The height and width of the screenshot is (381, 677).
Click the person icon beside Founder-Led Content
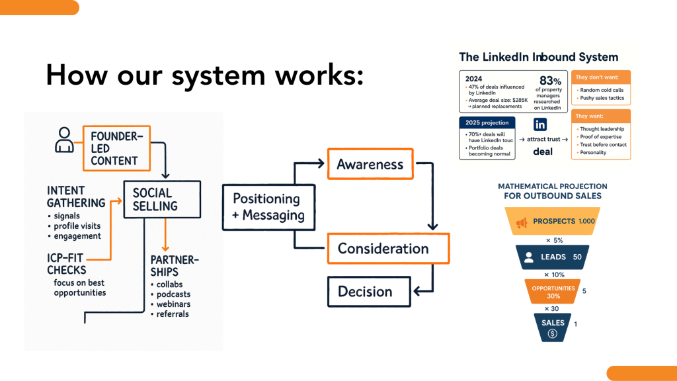point(64,140)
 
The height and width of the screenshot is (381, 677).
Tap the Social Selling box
point(161,199)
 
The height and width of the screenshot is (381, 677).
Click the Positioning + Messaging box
point(266,207)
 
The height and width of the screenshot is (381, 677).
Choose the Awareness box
point(370,165)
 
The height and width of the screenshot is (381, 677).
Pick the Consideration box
point(383,249)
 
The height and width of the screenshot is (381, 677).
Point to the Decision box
point(364,292)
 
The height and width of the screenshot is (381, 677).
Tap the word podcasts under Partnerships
point(174,294)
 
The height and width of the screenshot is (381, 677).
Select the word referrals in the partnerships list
point(173,314)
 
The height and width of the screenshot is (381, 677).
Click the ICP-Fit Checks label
point(67,265)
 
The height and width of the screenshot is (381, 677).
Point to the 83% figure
point(551,81)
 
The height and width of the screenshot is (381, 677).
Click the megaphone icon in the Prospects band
point(521,222)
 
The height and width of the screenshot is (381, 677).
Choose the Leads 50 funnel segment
point(553,257)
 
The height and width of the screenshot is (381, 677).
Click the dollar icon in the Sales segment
point(553,334)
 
